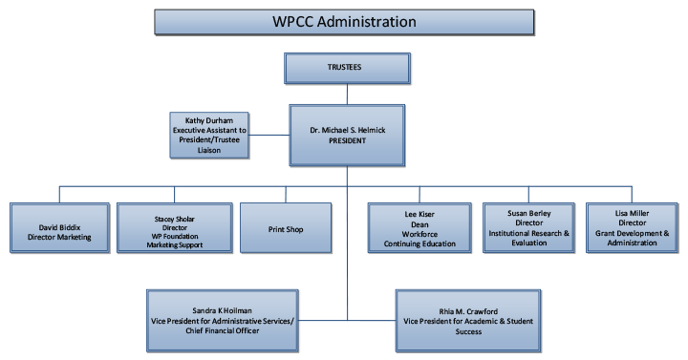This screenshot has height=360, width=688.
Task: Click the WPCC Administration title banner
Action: [344, 22]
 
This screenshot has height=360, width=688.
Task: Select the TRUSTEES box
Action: [347, 68]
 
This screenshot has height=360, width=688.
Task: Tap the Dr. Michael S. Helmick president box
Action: [347, 135]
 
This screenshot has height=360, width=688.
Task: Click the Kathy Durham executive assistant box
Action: [209, 135]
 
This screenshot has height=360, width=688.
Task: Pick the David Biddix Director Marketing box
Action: [59, 227]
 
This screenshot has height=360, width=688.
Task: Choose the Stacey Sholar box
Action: [175, 227]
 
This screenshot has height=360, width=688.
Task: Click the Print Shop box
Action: [286, 227]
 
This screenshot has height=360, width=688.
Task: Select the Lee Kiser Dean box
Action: [419, 227]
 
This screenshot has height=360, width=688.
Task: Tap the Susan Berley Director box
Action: [528, 227]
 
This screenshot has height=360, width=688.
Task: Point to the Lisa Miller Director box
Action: [632, 227]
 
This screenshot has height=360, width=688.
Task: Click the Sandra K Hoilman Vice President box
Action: [223, 321]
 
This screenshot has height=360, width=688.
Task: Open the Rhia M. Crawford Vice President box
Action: [468, 321]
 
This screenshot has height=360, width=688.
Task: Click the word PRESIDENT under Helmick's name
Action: [347, 140]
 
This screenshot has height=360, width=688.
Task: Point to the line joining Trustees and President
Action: [347, 95]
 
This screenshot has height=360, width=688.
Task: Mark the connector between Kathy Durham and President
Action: [269, 135]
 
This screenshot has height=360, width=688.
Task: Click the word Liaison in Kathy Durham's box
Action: [209, 150]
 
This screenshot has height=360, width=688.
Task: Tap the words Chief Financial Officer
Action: [223, 330]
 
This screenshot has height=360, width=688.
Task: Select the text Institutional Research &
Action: [528, 233]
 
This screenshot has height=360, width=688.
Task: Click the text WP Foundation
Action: [175, 237]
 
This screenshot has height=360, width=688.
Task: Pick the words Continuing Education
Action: [419, 244]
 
